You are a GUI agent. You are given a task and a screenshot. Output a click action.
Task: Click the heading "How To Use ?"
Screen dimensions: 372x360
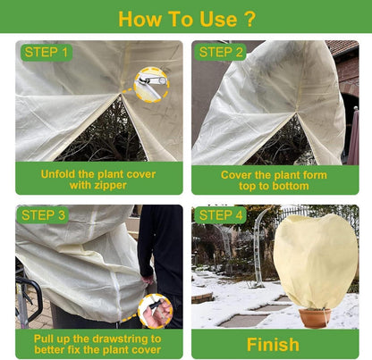(187, 19)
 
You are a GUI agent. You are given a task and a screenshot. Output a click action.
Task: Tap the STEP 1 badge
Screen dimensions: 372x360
(46, 53)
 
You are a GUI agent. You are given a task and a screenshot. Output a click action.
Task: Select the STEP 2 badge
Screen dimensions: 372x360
(221, 53)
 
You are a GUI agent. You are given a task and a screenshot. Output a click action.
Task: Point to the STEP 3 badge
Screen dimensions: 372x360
(43, 215)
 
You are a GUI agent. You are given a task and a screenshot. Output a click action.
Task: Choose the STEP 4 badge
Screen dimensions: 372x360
(221, 215)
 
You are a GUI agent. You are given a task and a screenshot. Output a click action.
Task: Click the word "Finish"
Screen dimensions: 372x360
(273, 345)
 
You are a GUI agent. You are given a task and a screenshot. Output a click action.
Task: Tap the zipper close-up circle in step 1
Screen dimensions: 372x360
(151, 85)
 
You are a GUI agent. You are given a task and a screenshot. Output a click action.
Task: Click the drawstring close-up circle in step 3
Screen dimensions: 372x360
(156, 311)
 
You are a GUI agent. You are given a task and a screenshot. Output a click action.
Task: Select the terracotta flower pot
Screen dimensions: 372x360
(315, 318)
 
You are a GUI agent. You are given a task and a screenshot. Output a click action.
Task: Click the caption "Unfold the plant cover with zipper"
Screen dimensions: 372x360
(98, 180)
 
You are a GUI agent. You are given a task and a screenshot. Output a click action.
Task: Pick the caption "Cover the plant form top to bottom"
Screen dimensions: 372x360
(274, 180)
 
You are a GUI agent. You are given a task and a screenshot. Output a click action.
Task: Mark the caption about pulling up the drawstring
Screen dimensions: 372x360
(97, 344)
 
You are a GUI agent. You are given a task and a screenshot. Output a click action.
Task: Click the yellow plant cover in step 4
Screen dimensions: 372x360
(316, 262)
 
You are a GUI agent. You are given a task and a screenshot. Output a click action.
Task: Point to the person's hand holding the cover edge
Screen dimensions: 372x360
(148, 280)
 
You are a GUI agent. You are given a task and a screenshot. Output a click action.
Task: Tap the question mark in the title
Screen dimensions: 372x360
(249, 20)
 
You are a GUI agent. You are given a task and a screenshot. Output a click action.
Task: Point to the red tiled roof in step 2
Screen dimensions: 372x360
(343, 47)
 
